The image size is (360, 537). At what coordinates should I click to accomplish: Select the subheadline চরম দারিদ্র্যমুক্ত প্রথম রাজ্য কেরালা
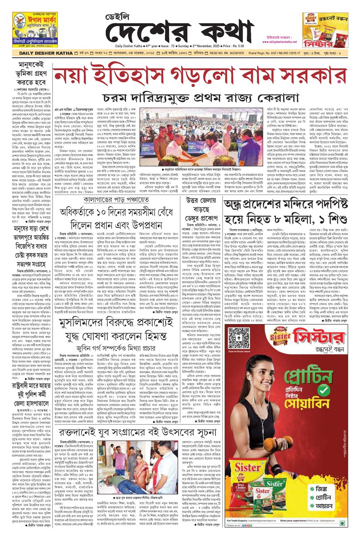[200, 97]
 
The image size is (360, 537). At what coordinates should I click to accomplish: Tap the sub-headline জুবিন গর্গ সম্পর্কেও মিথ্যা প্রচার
[116, 347]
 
